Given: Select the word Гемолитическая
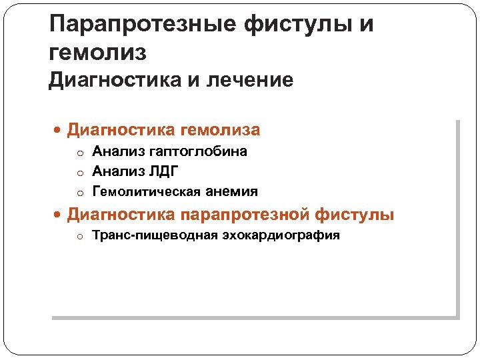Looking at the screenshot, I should (x=139, y=191).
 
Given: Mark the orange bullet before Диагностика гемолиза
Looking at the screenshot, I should (x=58, y=130).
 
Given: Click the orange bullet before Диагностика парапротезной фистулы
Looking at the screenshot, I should (x=58, y=216).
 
